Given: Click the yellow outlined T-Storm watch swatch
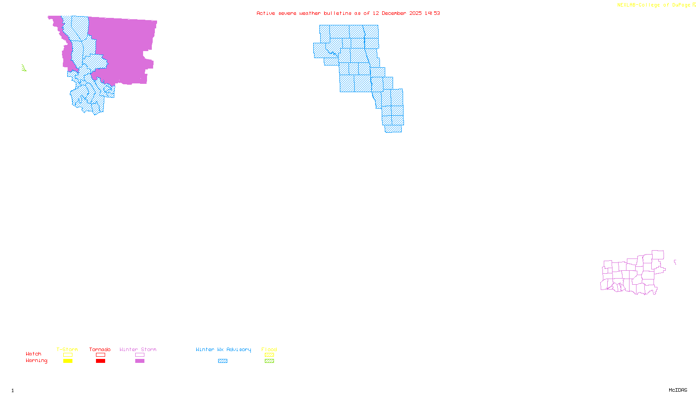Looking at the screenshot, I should pyautogui.click(x=68, y=355).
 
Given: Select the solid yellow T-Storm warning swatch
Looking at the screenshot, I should pyautogui.click(x=68, y=361).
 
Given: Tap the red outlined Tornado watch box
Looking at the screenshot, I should pyautogui.click(x=100, y=355).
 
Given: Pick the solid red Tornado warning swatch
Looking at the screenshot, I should pyautogui.click(x=100, y=361).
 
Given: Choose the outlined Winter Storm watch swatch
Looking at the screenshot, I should pyautogui.click(x=140, y=355).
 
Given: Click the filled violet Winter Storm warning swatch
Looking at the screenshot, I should pyautogui.click(x=140, y=361).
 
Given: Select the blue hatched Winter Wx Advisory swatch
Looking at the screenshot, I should pyautogui.click(x=222, y=361).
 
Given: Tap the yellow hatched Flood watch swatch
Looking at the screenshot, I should pyautogui.click(x=269, y=355).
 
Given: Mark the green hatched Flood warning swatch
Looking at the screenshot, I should pyautogui.click(x=269, y=361).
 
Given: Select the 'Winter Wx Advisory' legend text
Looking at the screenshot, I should pyautogui.click(x=223, y=349).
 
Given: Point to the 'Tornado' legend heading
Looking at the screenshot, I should pyautogui.click(x=100, y=349).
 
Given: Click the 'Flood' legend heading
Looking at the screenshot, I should pyautogui.click(x=269, y=349).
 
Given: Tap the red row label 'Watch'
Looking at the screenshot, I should pyautogui.click(x=34, y=354).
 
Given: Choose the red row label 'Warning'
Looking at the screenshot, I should pyautogui.click(x=36, y=361).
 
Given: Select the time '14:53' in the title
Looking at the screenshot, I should pyautogui.click(x=432, y=13).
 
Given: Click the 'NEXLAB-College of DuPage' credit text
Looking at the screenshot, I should pyautogui.click(x=654, y=5).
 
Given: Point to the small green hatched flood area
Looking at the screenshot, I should pyautogui.click(x=24, y=68).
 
